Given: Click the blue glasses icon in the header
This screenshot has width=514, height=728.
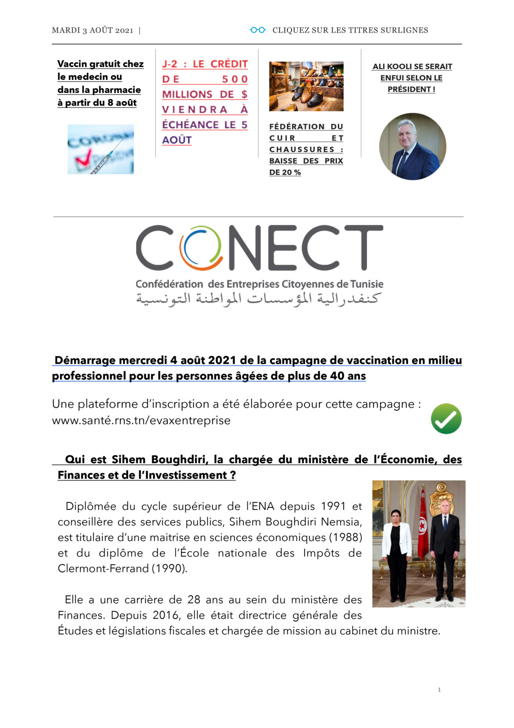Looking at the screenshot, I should coord(257,30).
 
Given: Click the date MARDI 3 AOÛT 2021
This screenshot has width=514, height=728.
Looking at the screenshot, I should coord(92,30).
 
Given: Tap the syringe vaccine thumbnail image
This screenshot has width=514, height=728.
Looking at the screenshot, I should coord(101,149).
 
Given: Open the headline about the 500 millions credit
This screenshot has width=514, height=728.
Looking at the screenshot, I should coord(205,102).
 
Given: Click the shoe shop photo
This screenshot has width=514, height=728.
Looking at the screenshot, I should coord(306,86).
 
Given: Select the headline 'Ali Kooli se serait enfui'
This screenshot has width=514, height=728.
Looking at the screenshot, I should coord(412,78).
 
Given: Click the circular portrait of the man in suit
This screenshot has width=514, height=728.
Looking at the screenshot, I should coord(413,146).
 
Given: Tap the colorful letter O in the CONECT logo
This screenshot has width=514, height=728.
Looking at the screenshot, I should coord(200,248).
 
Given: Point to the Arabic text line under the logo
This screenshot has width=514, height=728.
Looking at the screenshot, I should coord(257,298).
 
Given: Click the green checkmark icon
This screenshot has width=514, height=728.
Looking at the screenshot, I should coord(446,419).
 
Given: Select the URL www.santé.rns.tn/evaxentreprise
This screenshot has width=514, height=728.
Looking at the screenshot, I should coord(141,420).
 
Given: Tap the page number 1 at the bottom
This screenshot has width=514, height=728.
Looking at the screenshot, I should coord(439,689).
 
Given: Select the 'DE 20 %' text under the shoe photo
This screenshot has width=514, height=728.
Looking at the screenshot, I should coord(285,172).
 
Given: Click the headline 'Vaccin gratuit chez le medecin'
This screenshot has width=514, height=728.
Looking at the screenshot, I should coord(100,83).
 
